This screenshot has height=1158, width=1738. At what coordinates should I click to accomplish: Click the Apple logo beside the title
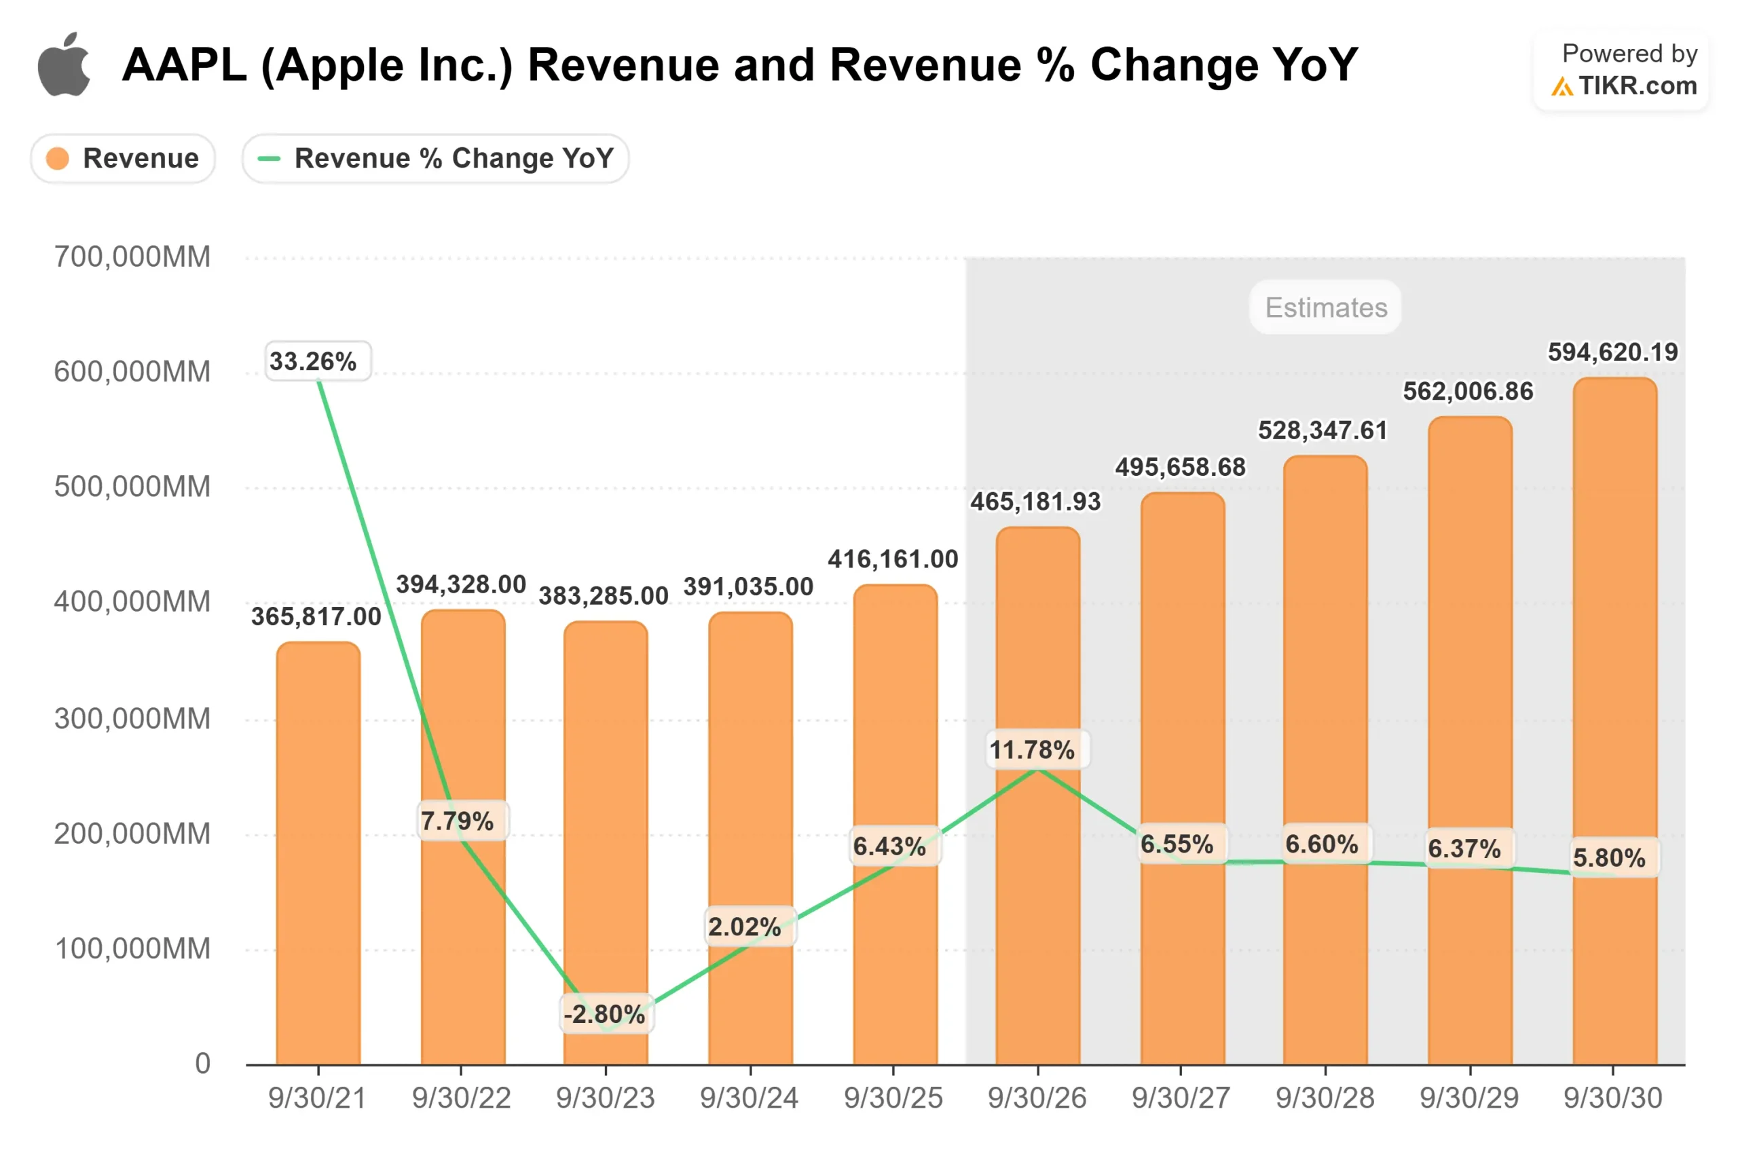pyautogui.click(x=64, y=65)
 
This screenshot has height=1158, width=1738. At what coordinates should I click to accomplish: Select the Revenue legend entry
pyautogui.click(x=123, y=158)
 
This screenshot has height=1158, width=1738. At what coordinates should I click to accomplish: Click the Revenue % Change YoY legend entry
pyautogui.click(x=435, y=158)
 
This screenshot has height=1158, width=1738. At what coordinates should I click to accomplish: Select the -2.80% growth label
pyautogui.click(x=605, y=1013)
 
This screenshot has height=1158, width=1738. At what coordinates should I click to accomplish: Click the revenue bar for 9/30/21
pyautogui.click(x=318, y=857)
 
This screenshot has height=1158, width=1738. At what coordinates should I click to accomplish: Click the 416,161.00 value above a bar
pyautogui.click(x=892, y=559)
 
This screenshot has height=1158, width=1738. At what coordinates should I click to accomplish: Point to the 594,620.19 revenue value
pyautogui.click(x=1612, y=352)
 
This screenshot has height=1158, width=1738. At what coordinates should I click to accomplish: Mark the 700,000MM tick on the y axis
pyautogui.click(x=132, y=257)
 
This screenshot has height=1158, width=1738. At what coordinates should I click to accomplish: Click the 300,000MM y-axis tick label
pyautogui.click(x=132, y=719)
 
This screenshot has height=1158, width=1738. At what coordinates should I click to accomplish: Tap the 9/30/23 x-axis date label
pyautogui.click(x=605, y=1098)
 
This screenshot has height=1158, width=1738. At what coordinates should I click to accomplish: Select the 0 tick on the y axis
pyautogui.click(x=202, y=1064)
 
